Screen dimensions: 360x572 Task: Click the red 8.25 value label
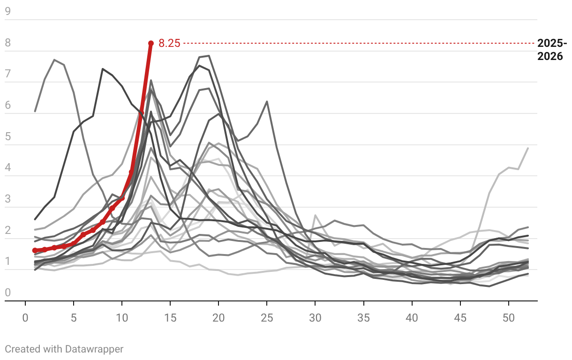point(169,44)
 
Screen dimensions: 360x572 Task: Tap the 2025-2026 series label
point(552,50)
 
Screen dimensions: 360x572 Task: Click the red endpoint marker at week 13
point(151,43)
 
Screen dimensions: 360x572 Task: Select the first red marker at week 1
point(35,250)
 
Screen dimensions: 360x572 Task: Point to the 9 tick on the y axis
point(8,12)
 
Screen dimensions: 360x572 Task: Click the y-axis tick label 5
point(8,137)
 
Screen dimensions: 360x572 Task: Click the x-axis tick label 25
point(267,318)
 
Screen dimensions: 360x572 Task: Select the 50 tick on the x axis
point(509,318)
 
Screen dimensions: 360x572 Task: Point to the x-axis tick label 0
point(25,318)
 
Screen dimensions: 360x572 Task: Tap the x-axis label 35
point(363,318)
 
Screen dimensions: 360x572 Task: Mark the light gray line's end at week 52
point(528,148)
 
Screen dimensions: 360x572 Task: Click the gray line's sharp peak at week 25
point(267,101)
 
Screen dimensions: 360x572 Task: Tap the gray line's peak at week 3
point(54,60)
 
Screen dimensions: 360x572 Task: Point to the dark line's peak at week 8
point(103,69)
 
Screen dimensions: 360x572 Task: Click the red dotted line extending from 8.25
point(356,44)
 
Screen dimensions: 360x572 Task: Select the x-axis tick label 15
point(170,318)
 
